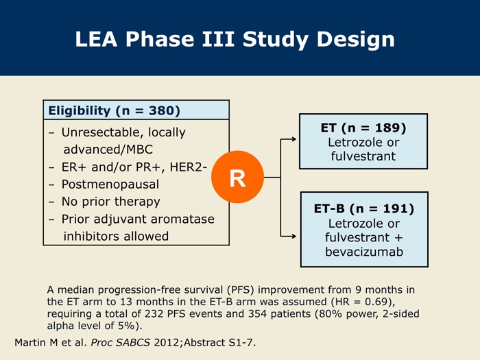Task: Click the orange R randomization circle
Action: point(237,177)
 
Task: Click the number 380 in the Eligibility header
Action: point(162,110)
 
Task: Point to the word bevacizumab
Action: point(364,252)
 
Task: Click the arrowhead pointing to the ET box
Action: point(293,139)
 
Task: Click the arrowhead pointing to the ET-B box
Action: point(293,236)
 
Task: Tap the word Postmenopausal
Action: point(110,184)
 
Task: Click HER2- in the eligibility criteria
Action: point(189,167)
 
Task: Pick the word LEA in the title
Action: point(96,39)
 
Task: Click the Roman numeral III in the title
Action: point(218,39)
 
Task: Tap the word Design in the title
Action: point(355,40)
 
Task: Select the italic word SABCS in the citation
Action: point(133,342)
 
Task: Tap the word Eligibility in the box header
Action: point(80,111)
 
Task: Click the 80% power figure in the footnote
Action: point(347,313)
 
